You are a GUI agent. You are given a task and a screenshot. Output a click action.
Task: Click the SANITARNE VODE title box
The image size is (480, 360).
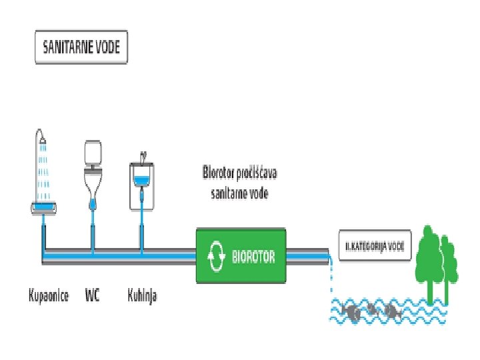click(x=81, y=47)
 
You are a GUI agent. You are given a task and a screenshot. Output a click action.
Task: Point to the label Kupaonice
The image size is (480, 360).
click(x=49, y=295)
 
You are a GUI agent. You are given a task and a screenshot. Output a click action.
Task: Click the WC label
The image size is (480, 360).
click(x=93, y=295)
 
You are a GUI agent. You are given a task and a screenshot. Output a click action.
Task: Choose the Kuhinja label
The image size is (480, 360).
click(x=142, y=295)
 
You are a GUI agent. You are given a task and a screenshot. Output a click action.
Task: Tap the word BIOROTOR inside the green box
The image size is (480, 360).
click(x=253, y=256)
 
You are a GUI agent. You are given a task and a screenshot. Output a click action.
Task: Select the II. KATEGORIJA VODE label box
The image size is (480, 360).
click(x=375, y=245)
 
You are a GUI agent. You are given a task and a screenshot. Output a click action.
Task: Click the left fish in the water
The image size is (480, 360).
click(x=351, y=311)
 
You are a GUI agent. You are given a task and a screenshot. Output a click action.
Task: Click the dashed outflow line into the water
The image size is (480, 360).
click(x=331, y=280)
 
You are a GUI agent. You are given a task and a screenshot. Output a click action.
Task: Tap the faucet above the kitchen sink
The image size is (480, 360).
click(x=143, y=157)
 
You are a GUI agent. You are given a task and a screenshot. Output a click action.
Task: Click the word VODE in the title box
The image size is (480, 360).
click(x=107, y=47)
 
